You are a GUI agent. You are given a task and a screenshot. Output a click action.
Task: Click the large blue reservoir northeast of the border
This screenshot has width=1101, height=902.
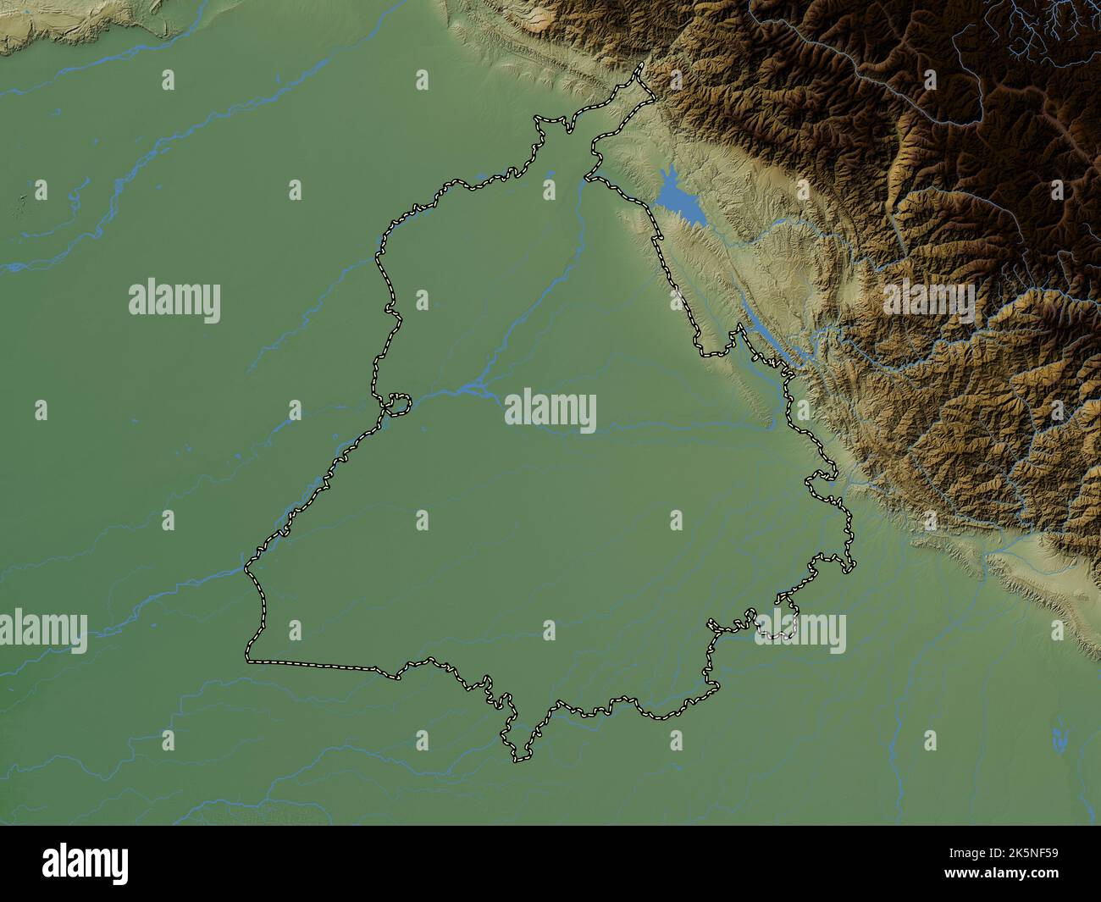tap(677, 200)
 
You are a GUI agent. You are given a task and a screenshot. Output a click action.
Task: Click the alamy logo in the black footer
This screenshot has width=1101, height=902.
tap(86, 863)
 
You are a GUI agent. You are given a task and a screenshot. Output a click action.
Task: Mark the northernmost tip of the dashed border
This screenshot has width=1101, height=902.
tap(641, 65)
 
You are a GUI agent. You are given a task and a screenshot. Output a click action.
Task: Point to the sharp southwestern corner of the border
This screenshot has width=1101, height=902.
tap(248, 658)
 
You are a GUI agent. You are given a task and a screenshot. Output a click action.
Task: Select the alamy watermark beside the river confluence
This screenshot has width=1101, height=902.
tap(550, 412)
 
